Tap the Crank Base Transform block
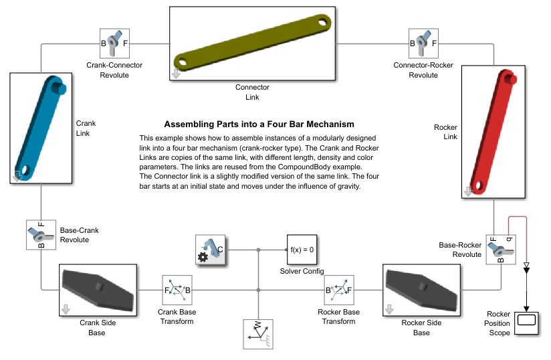[x=177, y=290]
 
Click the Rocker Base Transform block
[x=339, y=290]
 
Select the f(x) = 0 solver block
[x=302, y=249]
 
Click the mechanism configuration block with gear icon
[x=210, y=250]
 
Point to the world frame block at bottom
[x=259, y=333]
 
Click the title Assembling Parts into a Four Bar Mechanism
[x=259, y=124]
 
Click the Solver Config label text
[x=302, y=271]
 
